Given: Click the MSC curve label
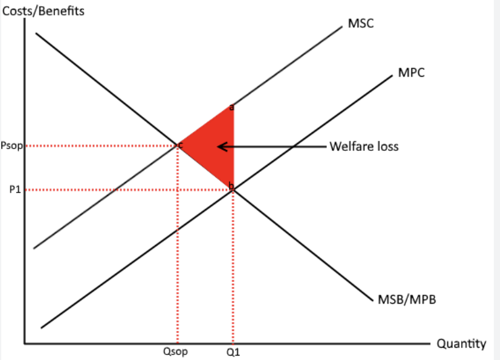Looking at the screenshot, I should pos(361,24).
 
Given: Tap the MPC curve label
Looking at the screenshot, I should pos(412,72).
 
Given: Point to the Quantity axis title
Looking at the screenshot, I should pos(461,344).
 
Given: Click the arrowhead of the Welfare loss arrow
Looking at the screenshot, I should pos(220,147).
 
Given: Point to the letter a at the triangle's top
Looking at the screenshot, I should pos(231,107).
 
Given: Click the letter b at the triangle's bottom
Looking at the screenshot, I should pos(231,186).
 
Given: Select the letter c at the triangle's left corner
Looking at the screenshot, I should pos(180,145).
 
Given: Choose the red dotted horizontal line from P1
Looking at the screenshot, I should pos(124,190).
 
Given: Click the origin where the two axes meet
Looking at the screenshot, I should pos(25,342).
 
